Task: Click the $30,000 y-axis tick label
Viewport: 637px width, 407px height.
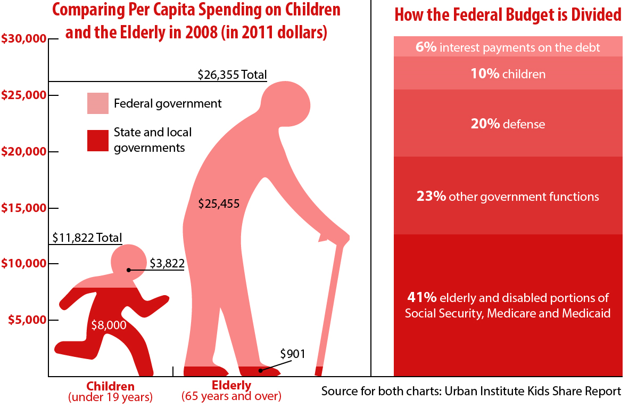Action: pyautogui.click(x=23, y=39)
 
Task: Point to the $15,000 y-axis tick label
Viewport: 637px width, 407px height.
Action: pyautogui.click(x=23, y=208)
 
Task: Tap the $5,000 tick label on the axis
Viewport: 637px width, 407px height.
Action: pyautogui.click(x=27, y=320)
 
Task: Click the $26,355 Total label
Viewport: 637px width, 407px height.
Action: pyautogui.click(x=232, y=75)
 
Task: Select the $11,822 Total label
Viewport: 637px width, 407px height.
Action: pyautogui.click(x=87, y=238)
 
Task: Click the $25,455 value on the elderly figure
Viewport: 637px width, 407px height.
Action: pyautogui.click(x=219, y=203)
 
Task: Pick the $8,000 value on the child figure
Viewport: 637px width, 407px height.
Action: pyautogui.click(x=109, y=324)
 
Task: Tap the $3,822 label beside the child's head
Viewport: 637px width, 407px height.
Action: pyautogui.click(x=167, y=263)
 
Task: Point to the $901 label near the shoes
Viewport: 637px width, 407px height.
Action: pyautogui.click(x=293, y=353)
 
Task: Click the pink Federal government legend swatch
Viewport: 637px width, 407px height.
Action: pyautogui.click(x=98, y=103)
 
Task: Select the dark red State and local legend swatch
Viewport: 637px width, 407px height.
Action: pyautogui.click(x=98, y=140)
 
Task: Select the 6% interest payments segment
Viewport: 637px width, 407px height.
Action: pyautogui.click(x=508, y=47)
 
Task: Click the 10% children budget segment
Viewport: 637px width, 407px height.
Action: pyautogui.click(x=508, y=74)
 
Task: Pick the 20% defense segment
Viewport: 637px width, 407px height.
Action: pyautogui.click(x=508, y=124)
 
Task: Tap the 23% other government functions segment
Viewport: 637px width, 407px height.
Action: pyautogui.click(x=508, y=196)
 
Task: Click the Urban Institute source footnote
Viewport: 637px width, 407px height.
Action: pyautogui.click(x=471, y=392)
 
